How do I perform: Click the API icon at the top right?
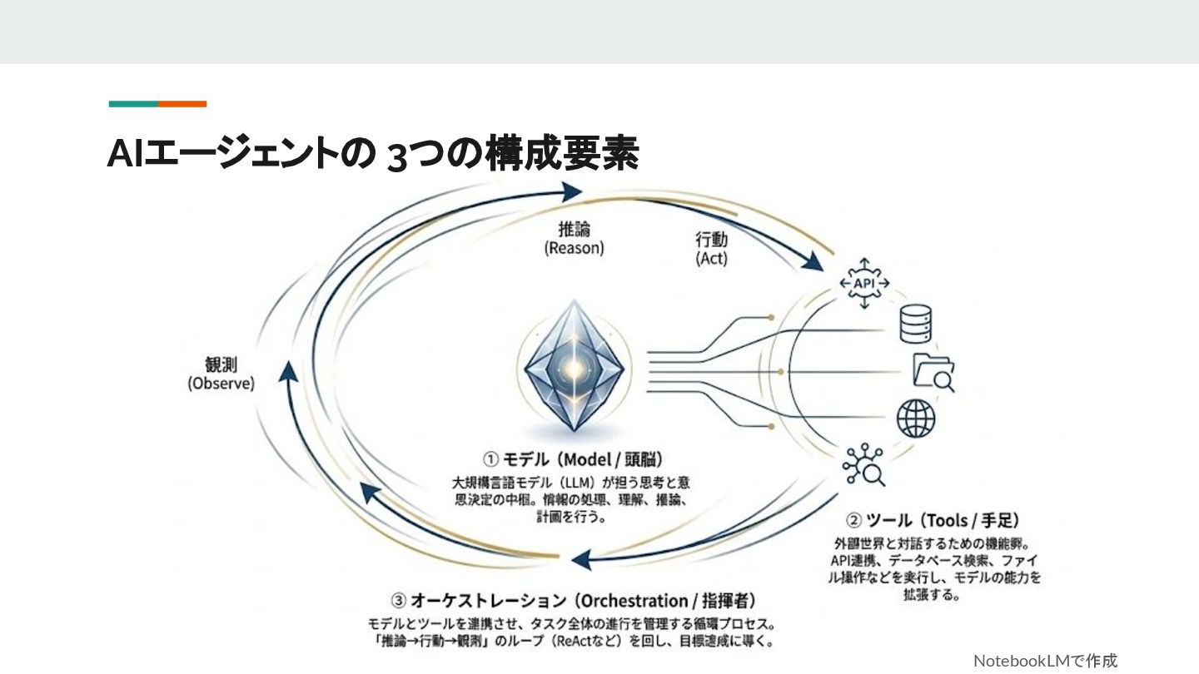pyautogui.click(x=863, y=285)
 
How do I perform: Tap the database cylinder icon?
pyautogui.click(x=915, y=325)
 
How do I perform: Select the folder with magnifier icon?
pyautogui.click(x=933, y=371)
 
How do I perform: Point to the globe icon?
pyautogui.click(x=916, y=419)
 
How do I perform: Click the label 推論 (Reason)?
pyautogui.click(x=575, y=238)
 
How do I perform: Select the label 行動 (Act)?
pyautogui.click(x=711, y=249)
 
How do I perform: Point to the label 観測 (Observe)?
pyautogui.click(x=221, y=374)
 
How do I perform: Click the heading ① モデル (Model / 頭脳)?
pyautogui.click(x=574, y=458)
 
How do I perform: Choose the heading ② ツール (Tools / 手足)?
pyautogui.click(x=933, y=521)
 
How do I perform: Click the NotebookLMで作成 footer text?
pyautogui.click(x=1045, y=661)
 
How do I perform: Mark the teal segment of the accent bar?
pyautogui.click(x=133, y=104)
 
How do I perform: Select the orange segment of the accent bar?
pyautogui.click(x=182, y=104)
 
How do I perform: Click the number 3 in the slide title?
pyautogui.click(x=396, y=156)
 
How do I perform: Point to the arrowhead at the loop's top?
pyautogui.click(x=571, y=192)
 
